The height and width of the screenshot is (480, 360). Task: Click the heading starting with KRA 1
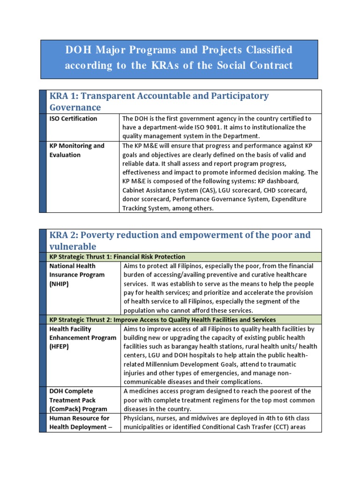159,101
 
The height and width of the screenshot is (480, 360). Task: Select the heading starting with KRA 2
180,240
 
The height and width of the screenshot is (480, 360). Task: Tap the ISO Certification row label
74,119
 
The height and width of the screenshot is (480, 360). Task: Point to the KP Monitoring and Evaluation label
77,150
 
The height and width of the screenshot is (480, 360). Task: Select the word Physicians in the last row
138,418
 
